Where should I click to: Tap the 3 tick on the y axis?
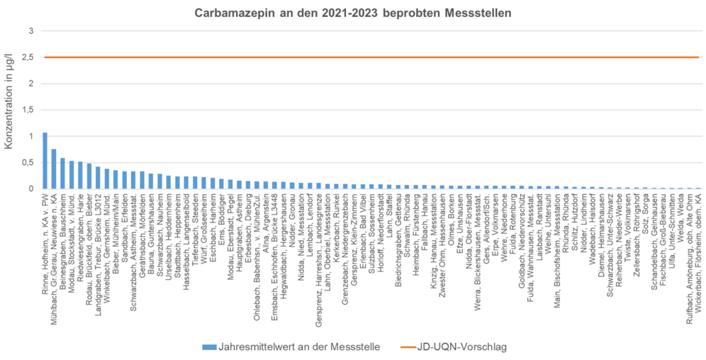30,31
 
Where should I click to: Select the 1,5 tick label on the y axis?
28,110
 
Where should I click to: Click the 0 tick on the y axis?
30,189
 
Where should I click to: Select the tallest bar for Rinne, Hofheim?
45,161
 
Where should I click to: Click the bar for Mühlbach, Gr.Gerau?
53,169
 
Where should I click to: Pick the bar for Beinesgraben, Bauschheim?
62,174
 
